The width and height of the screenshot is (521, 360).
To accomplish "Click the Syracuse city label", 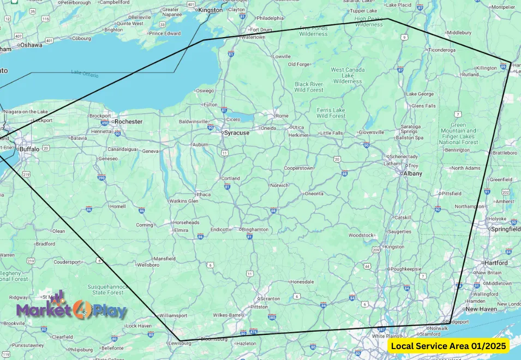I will point(238,133).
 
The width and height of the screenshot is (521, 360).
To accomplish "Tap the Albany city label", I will point(412,173).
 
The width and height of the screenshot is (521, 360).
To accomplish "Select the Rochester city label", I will point(129,121).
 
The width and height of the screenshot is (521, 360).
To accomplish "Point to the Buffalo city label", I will point(29,148).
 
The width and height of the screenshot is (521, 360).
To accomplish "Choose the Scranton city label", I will point(270,298).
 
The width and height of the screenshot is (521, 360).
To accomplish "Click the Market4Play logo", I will point(71,309).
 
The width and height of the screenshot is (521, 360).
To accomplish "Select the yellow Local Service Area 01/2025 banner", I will point(448,346).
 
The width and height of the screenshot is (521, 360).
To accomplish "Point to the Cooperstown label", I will point(298,168).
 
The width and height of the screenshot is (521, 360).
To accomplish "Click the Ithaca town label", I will point(203,194).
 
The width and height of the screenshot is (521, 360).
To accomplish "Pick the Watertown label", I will point(253,37).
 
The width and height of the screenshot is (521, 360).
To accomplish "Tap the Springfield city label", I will point(505,229).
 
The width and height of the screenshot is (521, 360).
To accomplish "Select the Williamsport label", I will point(173,315).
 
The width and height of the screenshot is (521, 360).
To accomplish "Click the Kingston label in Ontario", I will point(211,10).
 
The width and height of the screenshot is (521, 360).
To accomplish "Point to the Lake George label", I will point(420,94).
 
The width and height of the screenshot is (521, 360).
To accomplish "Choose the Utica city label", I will point(298,127).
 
